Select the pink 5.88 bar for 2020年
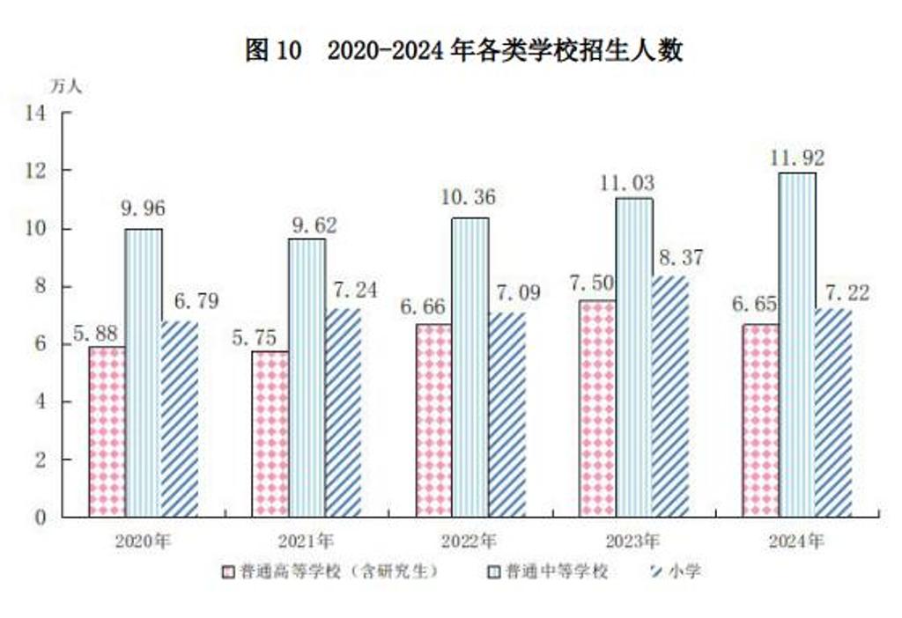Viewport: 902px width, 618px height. point(107,430)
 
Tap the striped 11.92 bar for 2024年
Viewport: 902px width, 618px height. point(796,344)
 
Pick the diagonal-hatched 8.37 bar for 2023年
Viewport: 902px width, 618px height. point(669,395)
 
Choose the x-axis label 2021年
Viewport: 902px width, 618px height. point(306,541)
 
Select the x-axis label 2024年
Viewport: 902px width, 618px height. point(796,541)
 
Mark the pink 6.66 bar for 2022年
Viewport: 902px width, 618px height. point(433,420)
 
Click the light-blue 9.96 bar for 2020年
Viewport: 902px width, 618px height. point(143,372)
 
